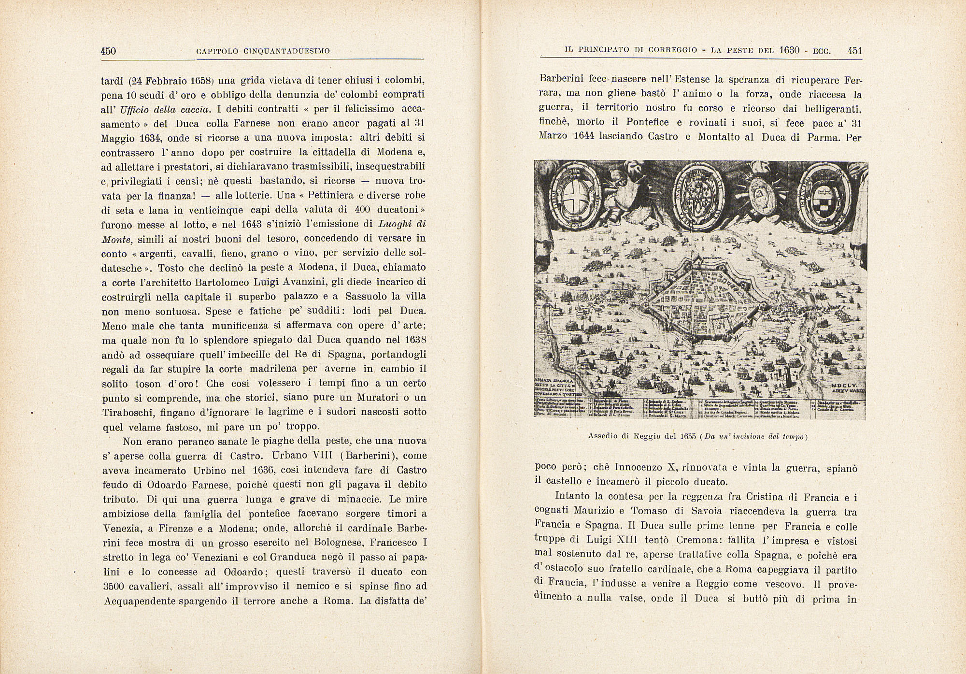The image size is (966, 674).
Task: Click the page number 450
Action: pyautogui.click(x=109, y=51)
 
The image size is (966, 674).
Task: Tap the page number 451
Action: pyautogui.click(x=854, y=51)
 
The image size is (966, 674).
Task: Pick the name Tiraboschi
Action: pyautogui.click(x=129, y=413)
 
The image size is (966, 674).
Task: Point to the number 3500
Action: pyautogui.click(x=115, y=587)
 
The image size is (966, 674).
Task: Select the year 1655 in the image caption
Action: pyautogui.click(x=686, y=437)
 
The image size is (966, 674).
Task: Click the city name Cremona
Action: pyautogui.click(x=662, y=541)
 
